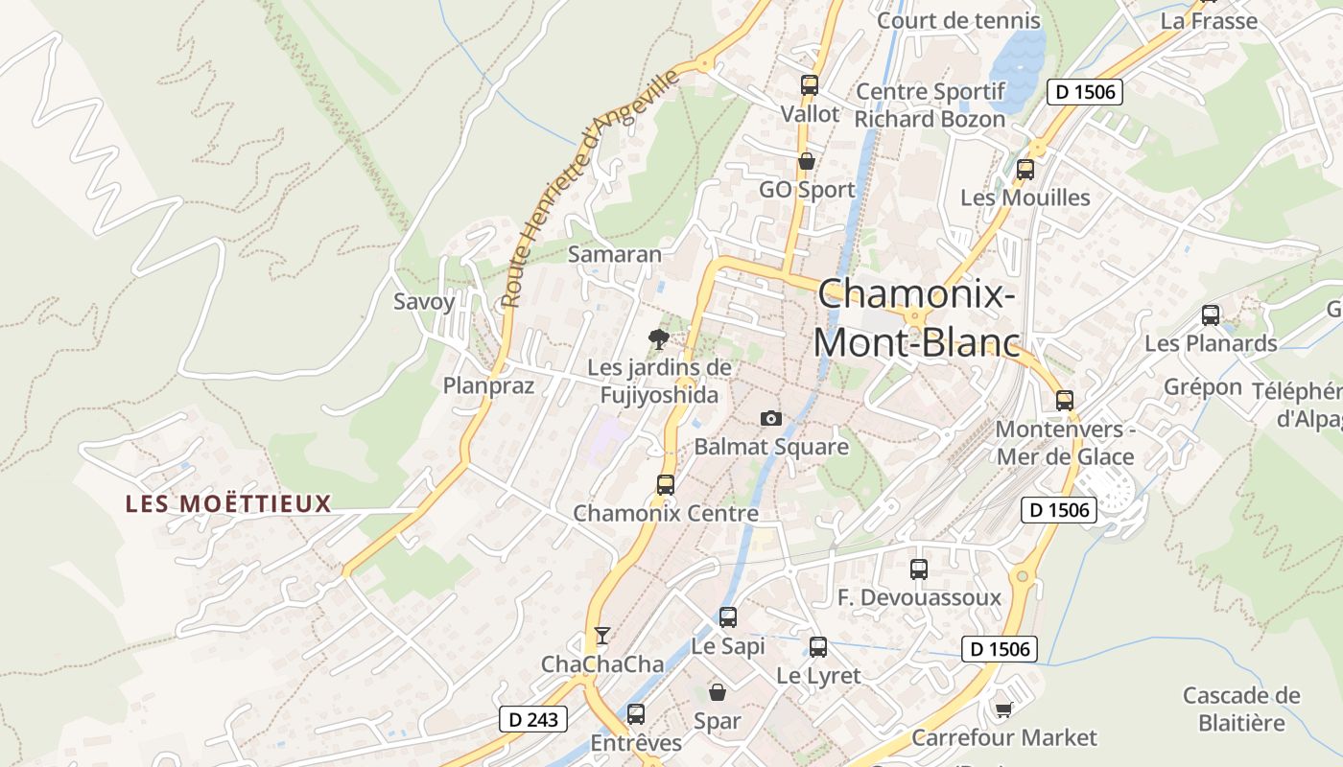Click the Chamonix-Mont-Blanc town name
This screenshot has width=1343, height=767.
pyautogui.click(x=916, y=318)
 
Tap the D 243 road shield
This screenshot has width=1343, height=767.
pyautogui.click(x=533, y=718)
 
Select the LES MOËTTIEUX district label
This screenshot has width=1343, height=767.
pyautogui.click(x=228, y=503)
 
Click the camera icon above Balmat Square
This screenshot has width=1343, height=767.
pyautogui.click(x=770, y=418)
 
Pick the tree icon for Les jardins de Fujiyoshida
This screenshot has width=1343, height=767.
pyautogui.click(x=658, y=337)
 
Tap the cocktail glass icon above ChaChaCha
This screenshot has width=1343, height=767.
pyautogui.click(x=601, y=635)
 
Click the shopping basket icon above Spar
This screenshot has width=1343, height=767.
pyautogui.click(x=717, y=691)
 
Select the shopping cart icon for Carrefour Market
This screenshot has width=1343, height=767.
pyautogui.click(x=1003, y=709)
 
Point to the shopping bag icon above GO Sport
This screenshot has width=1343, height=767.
pyautogui.click(x=807, y=161)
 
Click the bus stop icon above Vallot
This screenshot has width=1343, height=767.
pyautogui.click(x=810, y=85)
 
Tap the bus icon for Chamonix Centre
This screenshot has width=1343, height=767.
pyautogui.click(x=666, y=484)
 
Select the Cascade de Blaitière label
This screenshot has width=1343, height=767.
pyautogui.click(x=1241, y=709)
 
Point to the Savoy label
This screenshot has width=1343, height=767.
pyautogui.click(x=424, y=301)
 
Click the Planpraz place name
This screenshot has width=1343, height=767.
pyautogui.click(x=488, y=385)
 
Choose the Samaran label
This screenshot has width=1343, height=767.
pyautogui.click(x=615, y=254)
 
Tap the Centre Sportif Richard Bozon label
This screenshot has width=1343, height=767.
pyautogui.click(x=930, y=105)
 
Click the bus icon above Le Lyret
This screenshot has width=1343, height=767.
pyautogui.click(x=818, y=647)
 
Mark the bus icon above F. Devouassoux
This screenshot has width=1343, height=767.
pyautogui.click(x=919, y=569)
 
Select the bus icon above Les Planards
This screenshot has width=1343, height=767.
pyautogui.click(x=1211, y=315)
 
